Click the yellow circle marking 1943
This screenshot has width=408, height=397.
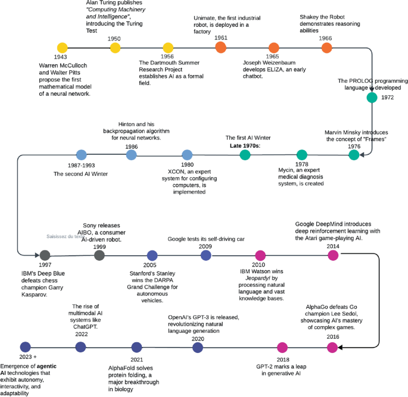click(61, 48)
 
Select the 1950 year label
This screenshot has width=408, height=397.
click(114, 39)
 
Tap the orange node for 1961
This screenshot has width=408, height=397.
click(220, 48)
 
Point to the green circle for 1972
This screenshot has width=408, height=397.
click(372, 98)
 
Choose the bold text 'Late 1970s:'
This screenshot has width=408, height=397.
click(245, 145)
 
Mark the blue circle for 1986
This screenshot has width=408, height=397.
click(132, 155)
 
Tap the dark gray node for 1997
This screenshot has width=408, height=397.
click(44, 255)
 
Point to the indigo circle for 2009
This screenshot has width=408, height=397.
click(206, 255)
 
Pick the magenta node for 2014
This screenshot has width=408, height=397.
click(333, 255)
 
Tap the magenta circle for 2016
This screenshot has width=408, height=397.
click(333, 347)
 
